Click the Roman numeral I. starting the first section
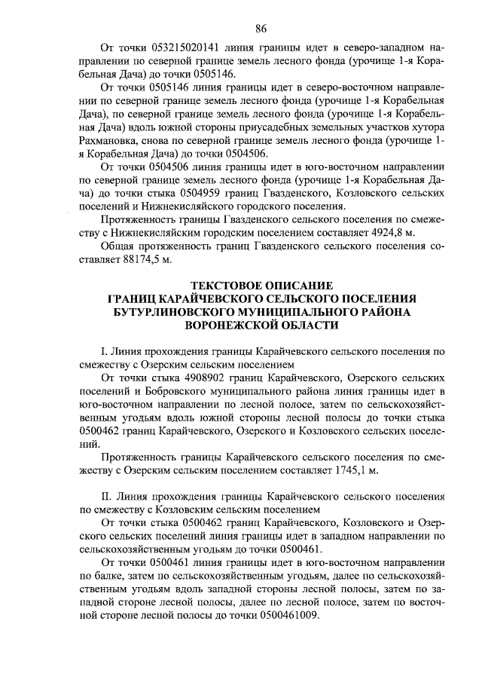[104, 351]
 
